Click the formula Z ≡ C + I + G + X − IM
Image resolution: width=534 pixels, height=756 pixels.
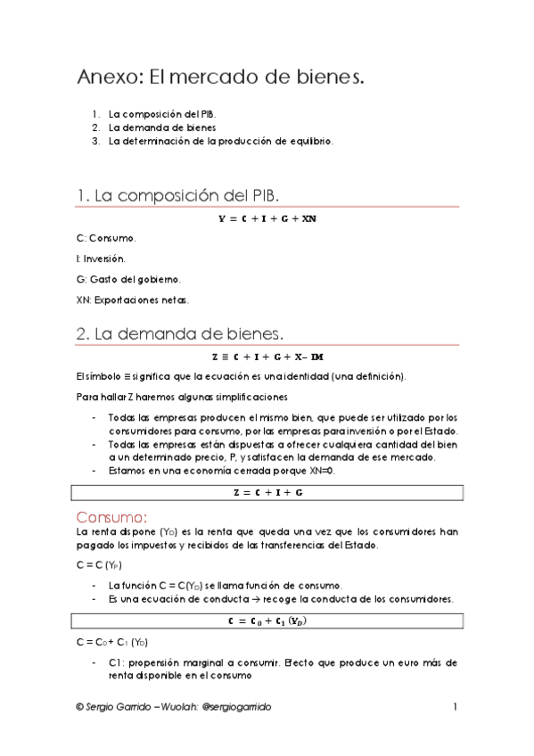[x=267, y=357]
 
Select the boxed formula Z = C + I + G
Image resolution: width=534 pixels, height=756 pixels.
[x=267, y=492]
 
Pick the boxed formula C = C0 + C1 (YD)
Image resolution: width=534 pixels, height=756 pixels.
[x=267, y=620]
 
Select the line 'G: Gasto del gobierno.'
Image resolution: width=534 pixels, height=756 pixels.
[x=128, y=278]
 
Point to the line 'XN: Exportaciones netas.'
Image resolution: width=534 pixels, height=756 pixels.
[x=133, y=299]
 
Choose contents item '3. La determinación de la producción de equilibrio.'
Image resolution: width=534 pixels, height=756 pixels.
[x=220, y=140]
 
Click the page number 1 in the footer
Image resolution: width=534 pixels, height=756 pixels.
[x=454, y=706]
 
